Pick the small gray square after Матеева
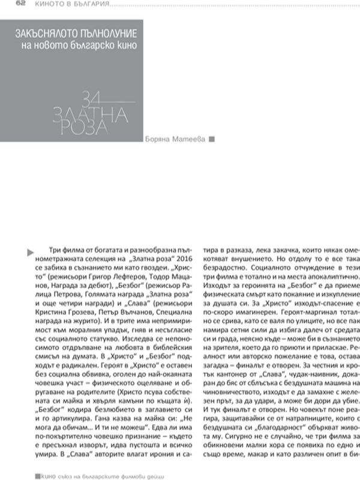[x=211, y=137]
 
